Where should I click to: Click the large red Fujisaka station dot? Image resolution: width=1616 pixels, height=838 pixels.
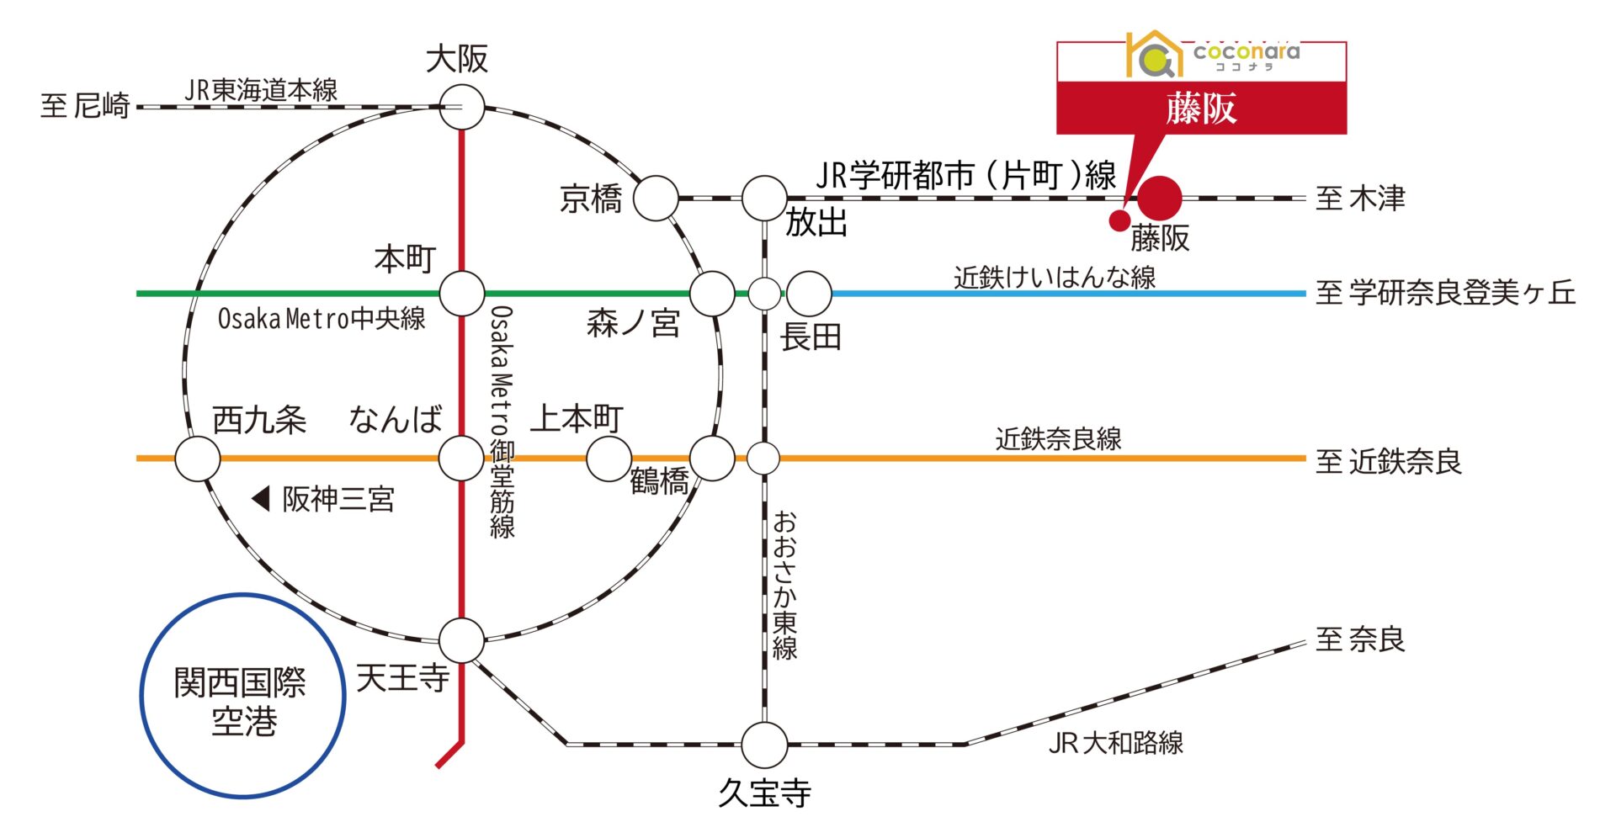[1160, 199]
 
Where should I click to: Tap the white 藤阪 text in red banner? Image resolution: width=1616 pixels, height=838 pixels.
[1201, 109]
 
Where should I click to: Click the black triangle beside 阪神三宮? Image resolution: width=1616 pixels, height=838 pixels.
[261, 499]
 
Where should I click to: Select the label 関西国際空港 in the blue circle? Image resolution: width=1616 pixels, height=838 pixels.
[242, 702]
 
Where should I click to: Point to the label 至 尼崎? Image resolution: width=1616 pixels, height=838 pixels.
[85, 106]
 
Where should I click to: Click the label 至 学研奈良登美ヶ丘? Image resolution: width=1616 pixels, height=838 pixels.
[1445, 293]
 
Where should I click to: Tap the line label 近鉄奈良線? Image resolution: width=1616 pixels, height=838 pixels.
[1058, 439]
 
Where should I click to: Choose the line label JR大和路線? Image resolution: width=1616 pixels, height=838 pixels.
[1116, 743]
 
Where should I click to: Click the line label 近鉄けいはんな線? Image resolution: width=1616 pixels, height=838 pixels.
[1055, 277]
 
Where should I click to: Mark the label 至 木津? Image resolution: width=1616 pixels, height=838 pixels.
[1360, 199]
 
